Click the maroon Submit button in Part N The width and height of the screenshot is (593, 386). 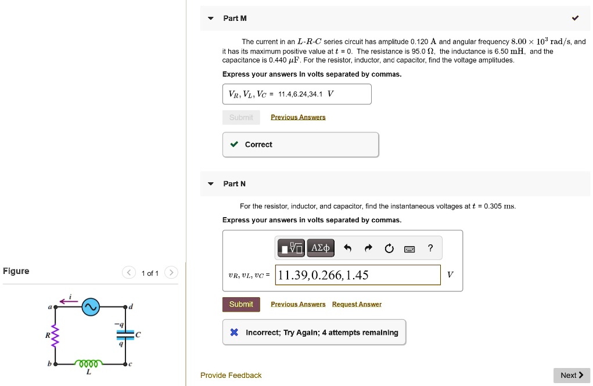241,304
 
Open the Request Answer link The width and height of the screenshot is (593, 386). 357,304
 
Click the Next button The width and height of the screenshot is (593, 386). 572,376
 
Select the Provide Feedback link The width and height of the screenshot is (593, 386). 231,376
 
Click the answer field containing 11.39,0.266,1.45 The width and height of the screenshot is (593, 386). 358,275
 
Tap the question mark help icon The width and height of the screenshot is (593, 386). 430,248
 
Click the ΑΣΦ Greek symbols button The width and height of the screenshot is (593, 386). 321,248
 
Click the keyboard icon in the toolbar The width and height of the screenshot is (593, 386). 409,249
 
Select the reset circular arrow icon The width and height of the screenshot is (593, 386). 389,248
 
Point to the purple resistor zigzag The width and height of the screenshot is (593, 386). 56,336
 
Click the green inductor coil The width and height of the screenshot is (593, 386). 89,363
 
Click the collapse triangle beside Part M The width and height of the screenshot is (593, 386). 210,19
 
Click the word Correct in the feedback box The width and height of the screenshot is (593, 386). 258,145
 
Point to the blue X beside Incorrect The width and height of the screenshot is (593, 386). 234,333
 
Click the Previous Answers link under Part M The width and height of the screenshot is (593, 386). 298,117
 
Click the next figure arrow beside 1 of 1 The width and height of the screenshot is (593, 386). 171,273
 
